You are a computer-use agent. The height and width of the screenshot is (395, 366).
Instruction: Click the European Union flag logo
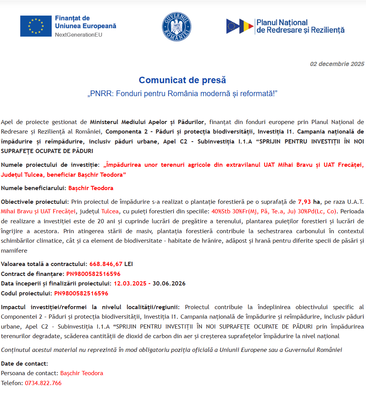[x=36, y=26]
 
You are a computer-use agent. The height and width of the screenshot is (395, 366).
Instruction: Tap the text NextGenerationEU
[x=79, y=35]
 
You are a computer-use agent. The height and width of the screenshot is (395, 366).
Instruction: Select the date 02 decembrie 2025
[x=337, y=64]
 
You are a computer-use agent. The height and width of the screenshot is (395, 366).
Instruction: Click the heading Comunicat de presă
[x=182, y=80]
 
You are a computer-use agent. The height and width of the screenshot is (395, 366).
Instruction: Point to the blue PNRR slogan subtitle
[x=182, y=94]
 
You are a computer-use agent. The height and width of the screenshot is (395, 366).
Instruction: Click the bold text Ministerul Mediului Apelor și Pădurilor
[x=148, y=122]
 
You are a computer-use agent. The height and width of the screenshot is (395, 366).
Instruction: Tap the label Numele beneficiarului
[x=34, y=188]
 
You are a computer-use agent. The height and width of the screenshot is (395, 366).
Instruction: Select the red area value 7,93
[x=304, y=202]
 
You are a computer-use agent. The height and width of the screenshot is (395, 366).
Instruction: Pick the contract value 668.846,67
[x=106, y=264]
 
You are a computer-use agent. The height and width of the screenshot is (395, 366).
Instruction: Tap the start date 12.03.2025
[x=130, y=284]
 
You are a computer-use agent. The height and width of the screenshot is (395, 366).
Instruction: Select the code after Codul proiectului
[x=81, y=293]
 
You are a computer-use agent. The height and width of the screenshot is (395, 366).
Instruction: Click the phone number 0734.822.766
[x=43, y=383]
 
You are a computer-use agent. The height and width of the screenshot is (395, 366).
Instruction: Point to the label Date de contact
[x=24, y=363]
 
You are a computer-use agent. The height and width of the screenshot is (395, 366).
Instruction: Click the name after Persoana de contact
[x=82, y=373]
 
